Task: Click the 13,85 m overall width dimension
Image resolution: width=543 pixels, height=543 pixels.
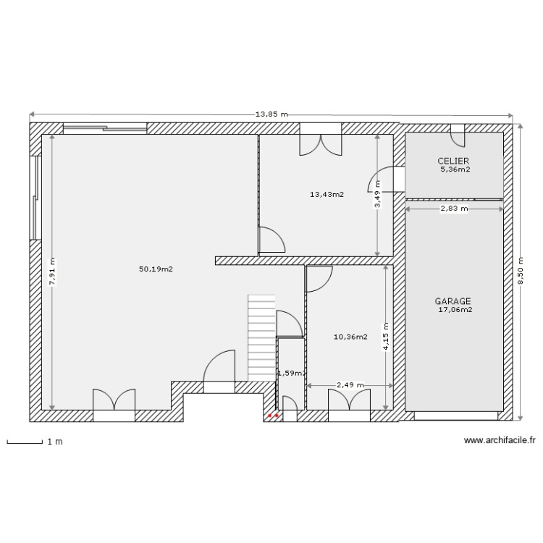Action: [271, 114]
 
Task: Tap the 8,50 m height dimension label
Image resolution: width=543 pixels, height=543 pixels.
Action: [519, 271]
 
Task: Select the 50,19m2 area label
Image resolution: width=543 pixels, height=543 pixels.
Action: [156, 269]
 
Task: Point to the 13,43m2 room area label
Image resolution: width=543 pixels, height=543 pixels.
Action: [327, 194]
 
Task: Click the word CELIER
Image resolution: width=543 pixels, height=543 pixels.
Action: [453, 161]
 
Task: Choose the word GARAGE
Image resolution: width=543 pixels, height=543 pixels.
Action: [453, 300]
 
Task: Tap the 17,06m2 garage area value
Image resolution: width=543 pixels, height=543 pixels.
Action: [455, 310]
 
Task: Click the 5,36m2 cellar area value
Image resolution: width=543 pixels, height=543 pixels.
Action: [455, 170]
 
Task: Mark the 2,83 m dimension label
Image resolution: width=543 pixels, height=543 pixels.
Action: [454, 209]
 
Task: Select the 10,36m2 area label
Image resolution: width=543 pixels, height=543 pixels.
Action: [350, 337]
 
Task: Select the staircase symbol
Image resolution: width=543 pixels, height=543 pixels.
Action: [261, 337]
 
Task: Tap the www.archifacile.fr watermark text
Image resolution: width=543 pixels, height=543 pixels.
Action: [500, 440]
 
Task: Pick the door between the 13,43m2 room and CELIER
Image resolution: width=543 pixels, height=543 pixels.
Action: [382, 180]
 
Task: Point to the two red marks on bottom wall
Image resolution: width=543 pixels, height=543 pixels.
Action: [273, 416]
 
